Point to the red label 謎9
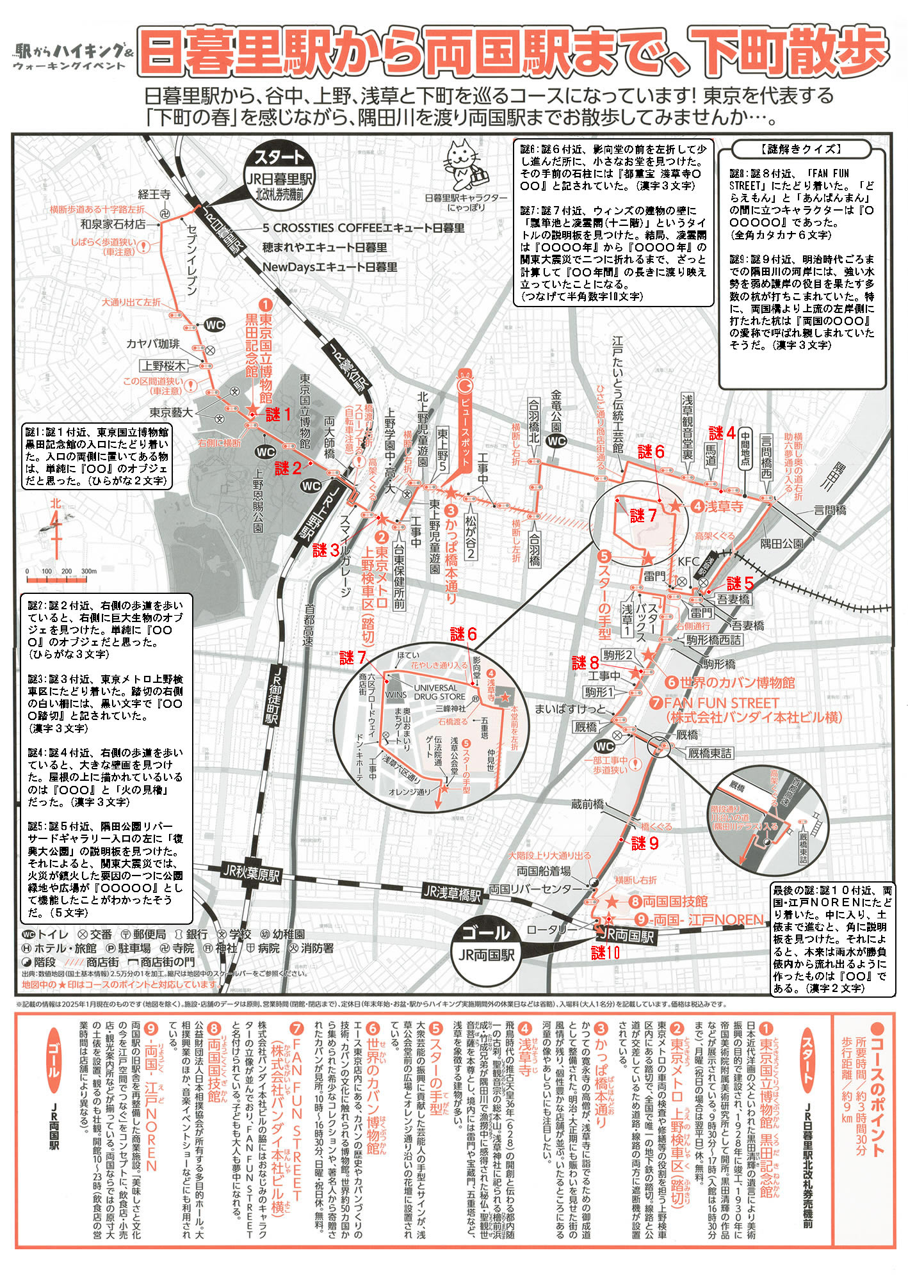[645, 844]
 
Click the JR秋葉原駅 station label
[251, 873]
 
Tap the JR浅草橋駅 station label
[452, 893]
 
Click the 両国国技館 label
[675, 902]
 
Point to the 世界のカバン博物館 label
[737, 682]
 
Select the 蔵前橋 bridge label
[587, 804]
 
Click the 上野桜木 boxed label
[164, 366]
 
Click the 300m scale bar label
[89, 572]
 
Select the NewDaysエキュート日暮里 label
[330, 268]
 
